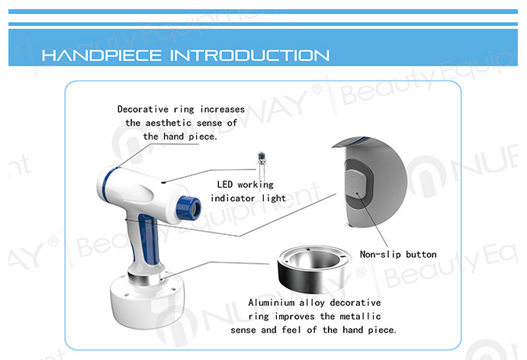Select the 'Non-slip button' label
pos(398,254)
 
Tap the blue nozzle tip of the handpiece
pos(192,204)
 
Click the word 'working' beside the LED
pos(255,185)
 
